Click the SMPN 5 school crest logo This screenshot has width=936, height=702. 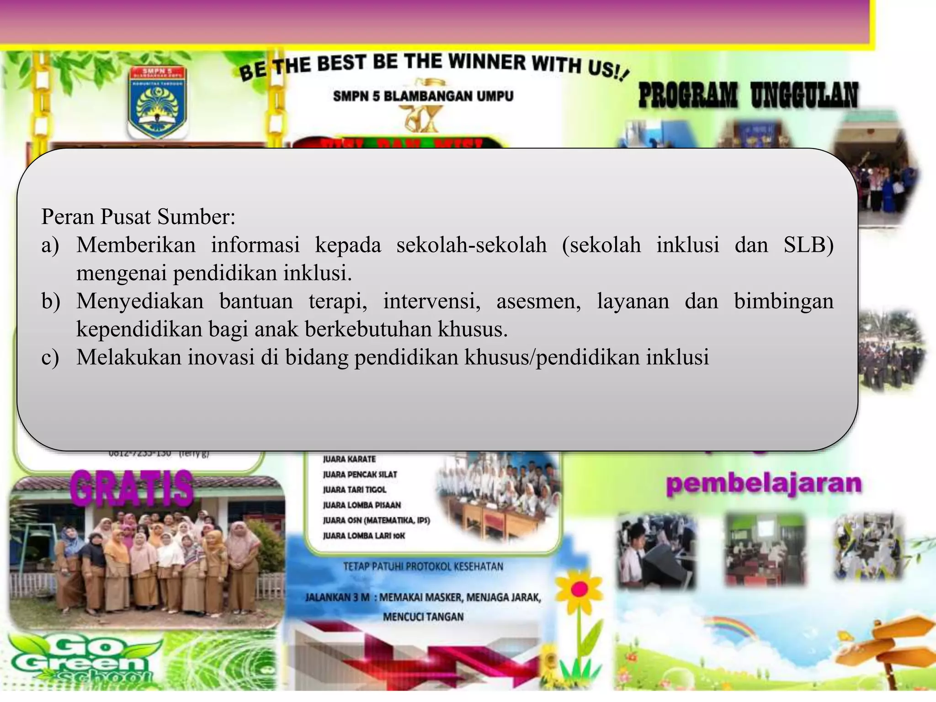tap(157, 102)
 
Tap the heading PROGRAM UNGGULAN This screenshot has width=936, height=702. tap(748, 96)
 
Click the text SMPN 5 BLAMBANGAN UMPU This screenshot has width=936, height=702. tap(423, 96)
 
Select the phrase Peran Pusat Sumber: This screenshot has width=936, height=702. tap(138, 217)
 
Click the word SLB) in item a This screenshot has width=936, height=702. tap(808, 245)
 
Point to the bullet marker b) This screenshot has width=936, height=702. tap(51, 301)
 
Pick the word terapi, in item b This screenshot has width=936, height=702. tap(338, 301)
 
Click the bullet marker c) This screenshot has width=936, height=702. tap(50, 357)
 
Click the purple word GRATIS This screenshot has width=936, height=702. tap(132, 488)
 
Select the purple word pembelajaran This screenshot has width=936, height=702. tap(764, 484)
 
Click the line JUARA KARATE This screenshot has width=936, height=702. tap(349, 459)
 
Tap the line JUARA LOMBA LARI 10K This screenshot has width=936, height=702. tap(364, 536)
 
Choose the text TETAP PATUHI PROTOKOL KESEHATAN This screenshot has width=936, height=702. tap(423, 567)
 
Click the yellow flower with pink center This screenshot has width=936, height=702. tap(579, 590)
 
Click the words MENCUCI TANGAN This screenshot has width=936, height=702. tap(423, 617)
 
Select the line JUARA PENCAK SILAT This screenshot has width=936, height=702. tap(360, 474)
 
